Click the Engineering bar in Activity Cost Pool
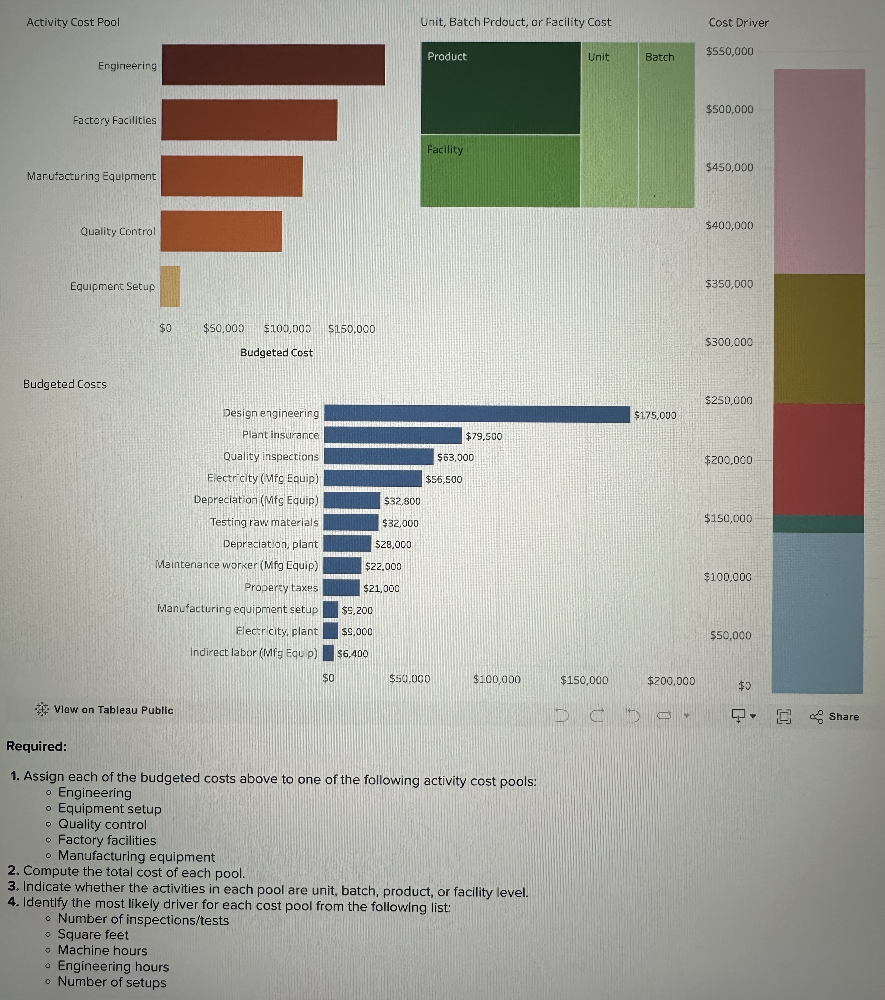click(x=273, y=65)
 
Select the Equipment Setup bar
click(x=170, y=286)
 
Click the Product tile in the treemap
click(x=500, y=88)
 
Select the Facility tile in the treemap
click(x=500, y=170)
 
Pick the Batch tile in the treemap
click(x=666, y=125)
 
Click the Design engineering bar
click(x=477, y=414)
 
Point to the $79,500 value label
click(x=483, y=436)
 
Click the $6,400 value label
click(x=352, y=654)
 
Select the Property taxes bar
click(x=341, y=588)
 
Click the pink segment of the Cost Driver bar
click(x=820, y=171)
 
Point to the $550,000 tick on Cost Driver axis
click(x=729, y=51)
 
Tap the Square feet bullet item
click(x=93, y=935)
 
